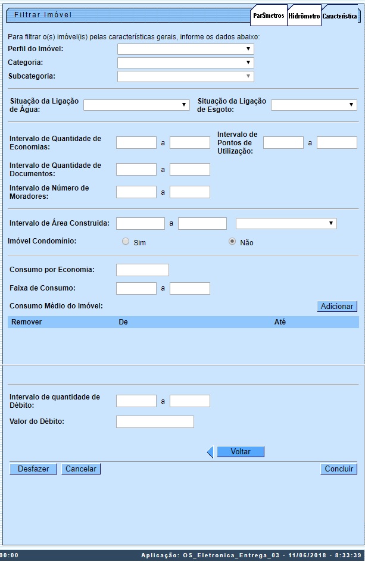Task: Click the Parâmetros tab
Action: [x=269, y=15]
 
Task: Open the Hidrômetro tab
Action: [x=304, y=17]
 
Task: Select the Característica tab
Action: [x=339, y=17]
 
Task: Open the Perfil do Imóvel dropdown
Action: [x=186, y=49]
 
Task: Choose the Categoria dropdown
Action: [x=186, y=63]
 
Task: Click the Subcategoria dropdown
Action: [x=186, y=76]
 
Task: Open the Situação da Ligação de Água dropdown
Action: [x=136, y=105]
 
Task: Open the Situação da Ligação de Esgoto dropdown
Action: [x=314, y=105]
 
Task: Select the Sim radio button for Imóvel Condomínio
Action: [x=125, y=242]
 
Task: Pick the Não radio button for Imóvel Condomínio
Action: [x=232, y=242]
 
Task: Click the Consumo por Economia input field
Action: [x=142, y=270]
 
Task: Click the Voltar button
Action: [x=240, y=452]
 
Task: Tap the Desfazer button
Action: [x=33, y=469]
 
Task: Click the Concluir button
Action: [x=339, y=469]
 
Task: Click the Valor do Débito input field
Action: [x=155, y=422]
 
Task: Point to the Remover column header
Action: [x=27, y=322]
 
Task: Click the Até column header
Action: [x=280, y=322]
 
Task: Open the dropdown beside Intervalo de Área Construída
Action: [x=286, y=224]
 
